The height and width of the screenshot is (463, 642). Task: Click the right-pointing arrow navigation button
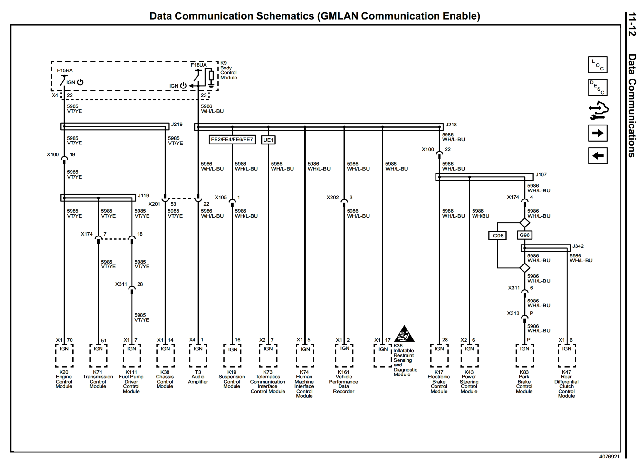tap(598, 133)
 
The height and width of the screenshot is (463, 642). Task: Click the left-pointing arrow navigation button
tap(598, 156)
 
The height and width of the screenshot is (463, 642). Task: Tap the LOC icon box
tap(598, 65)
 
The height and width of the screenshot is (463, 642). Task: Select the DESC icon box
tap(598, 88)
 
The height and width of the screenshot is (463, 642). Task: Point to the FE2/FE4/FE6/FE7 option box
tap(232, 140)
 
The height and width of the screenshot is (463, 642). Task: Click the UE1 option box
tap(268, 140)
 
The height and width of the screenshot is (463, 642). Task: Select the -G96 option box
tap(497, 236)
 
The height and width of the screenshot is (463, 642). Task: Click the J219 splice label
tap(177, 124)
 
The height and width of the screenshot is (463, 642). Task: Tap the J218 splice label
tap(451, 125)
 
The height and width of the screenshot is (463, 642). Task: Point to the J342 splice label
tap(578, 246)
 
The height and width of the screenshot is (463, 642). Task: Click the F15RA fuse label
tap(65, 70)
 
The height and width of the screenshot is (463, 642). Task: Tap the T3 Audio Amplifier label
tap(198, 377)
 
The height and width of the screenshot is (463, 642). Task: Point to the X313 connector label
tap(513, 313)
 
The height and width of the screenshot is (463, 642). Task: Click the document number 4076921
tap(609, 457)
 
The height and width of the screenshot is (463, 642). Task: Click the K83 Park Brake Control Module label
tap(524, 382)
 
